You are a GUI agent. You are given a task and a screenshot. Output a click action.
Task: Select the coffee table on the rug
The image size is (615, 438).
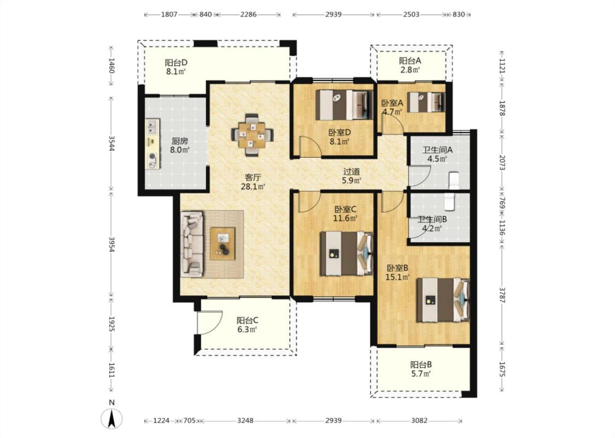pos(223,244)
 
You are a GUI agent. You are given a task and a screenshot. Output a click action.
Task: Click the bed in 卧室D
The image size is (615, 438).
pos(344,105)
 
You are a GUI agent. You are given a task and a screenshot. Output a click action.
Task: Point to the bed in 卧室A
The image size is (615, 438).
pos(426,102)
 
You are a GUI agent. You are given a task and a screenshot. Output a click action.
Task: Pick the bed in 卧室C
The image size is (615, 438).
pos(346,253)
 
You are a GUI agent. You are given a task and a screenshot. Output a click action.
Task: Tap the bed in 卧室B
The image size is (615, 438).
pos(443,300)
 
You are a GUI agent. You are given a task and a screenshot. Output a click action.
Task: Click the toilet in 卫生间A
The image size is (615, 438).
pos(453,181)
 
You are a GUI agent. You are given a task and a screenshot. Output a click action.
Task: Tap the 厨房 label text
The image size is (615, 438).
pos(179,141)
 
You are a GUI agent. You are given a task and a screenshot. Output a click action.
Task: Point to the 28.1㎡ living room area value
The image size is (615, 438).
pos(253,187)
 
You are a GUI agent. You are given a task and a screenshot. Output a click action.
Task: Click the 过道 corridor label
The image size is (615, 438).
pos(352,172)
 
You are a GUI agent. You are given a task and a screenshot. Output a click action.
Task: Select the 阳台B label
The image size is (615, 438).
pos(421,365)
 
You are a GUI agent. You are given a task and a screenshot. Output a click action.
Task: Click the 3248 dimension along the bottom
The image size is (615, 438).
pos(245,420)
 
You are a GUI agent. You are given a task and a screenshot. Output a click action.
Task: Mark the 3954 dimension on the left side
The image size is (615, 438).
pos(112,244)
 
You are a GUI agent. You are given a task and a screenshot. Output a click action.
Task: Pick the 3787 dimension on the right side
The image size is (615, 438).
pos(502,295)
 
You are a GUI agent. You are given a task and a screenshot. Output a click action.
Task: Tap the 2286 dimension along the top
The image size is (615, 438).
pos(248,15)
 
